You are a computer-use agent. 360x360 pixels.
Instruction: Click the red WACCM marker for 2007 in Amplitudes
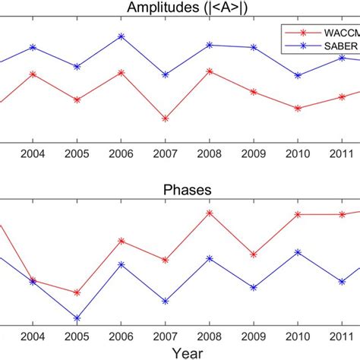[165, 118]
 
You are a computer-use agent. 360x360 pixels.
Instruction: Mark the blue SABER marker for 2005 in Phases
[77, 317]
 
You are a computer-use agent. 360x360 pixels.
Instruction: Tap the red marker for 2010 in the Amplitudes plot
[298, 109]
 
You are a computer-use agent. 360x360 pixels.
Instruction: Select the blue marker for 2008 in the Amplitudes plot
[210, 45]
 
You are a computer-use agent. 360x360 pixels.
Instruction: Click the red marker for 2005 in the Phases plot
[77, 292]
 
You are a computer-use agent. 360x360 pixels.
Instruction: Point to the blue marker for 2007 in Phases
[165, 300]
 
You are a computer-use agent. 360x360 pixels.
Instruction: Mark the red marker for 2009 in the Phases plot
[254, 254]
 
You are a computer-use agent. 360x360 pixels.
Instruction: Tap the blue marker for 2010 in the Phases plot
[298, 251]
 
